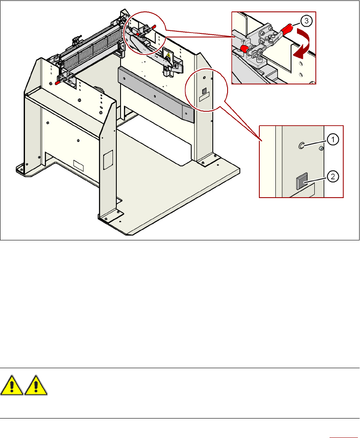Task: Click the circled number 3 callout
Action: tap(306, 20)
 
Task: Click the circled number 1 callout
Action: tap(333, 139)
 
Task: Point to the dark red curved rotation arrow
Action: tap(303, 44)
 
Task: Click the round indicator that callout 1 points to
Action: tap(302, 146)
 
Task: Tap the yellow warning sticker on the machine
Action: tap(168, 55)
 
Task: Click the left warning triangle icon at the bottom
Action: tap(12, 386)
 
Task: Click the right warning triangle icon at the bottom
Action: tap(36, 386)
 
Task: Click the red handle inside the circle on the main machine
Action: tap(153, 27)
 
